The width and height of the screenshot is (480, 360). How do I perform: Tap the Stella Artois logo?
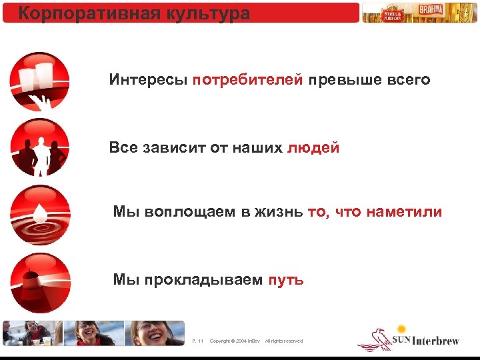pyautogui.click(x=392, y=13)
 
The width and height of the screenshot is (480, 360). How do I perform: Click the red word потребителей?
pyautogui.click(x=248, y=80)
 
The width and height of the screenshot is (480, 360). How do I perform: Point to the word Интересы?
pyautogui.click(x=148, y=80)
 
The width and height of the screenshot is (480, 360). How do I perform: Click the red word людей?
pyautogui.click(x=313, y=147)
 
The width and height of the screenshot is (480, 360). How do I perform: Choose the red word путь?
pyautogui.click(x=286, y=279)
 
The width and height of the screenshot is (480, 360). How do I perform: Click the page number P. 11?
pyautogui.click(x=197, y=341)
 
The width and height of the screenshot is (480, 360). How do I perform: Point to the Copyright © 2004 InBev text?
pyautogui.click(x=235, y=341)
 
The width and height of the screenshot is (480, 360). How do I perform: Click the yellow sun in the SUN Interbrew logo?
pyautogui.click(x=401, y=329)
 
